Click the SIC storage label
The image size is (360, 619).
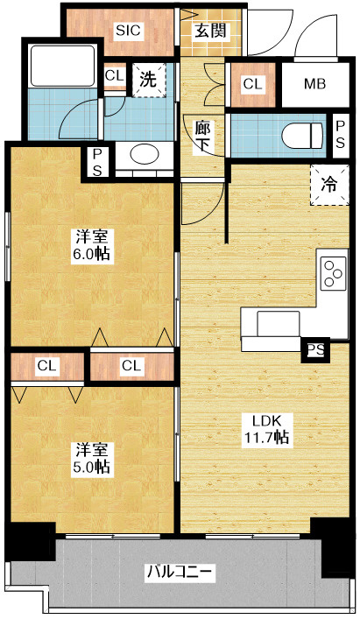[x=128, y=31]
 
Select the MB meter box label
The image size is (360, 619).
[x=315, y=84]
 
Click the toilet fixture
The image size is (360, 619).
[x=302, y=136]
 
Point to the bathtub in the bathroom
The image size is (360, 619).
[x=63, y=66]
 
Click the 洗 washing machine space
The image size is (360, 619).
[x=149, y=81]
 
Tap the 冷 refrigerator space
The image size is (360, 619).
[x=329, y=185]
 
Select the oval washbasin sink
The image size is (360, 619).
[x=145, y=153]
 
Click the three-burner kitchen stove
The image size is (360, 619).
[x=334, y=273]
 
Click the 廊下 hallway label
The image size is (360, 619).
[x=203, y=136]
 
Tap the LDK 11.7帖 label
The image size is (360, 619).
[x=266, y=429]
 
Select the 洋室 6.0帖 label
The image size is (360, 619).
[x=92, y=245]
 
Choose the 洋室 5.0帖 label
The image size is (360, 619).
[x=92, y=458]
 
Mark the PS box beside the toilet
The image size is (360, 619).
[x=340, y=134]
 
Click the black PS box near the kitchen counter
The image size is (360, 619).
[x=315, y=349]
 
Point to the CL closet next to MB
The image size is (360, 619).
[x=253, y=84]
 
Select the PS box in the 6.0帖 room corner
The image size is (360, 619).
[x=97, y=161]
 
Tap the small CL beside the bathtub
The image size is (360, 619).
[x=115, y=76]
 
